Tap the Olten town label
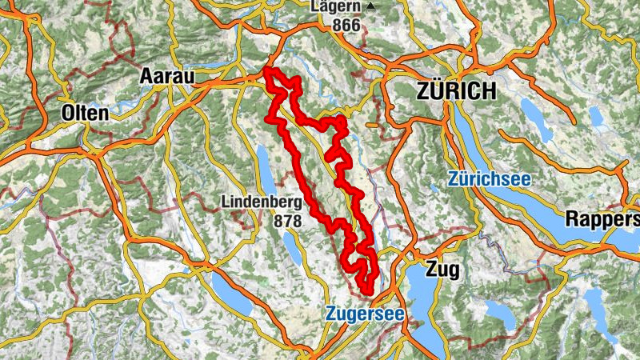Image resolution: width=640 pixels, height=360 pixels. tap(84, 114)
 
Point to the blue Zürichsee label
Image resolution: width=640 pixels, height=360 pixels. tap(489, 179)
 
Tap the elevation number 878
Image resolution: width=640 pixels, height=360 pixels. tap(288, 219)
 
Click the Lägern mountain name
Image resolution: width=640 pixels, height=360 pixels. tap(336, 7)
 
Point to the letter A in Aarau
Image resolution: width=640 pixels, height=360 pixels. tap(146, 75)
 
